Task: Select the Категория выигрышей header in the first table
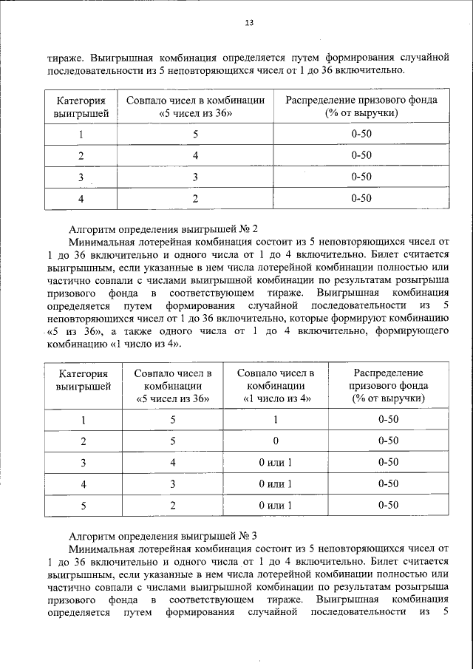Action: pos(81,106)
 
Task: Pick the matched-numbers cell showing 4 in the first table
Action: pos(196,155)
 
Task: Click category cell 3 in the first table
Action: pos(81,177)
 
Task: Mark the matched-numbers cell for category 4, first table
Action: pos(196,198)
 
